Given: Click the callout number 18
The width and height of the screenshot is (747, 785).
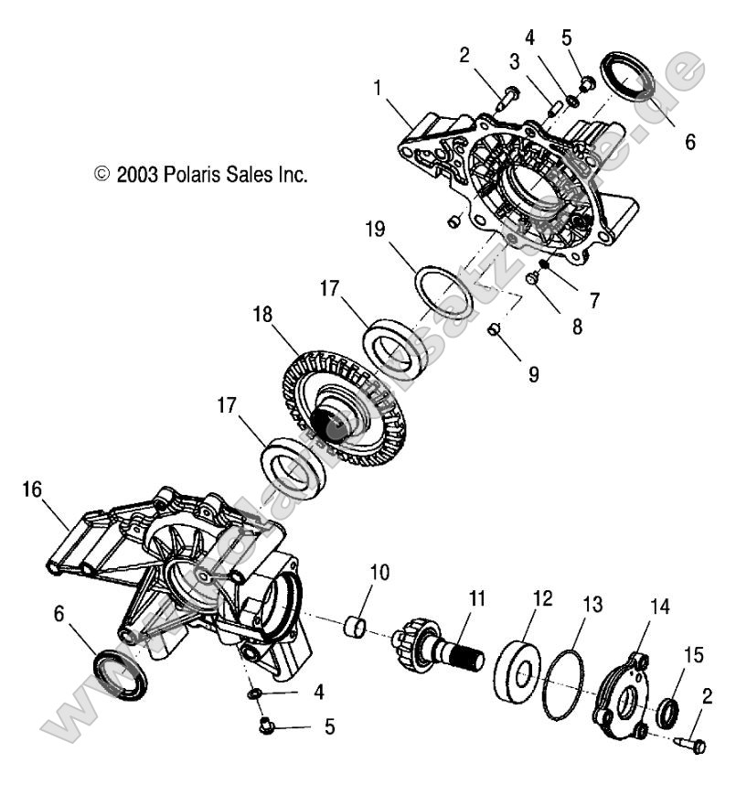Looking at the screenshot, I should (262, 315).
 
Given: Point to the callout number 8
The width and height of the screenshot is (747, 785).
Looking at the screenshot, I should (577, 325).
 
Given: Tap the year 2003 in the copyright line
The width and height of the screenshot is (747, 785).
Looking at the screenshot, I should (136, 174).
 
